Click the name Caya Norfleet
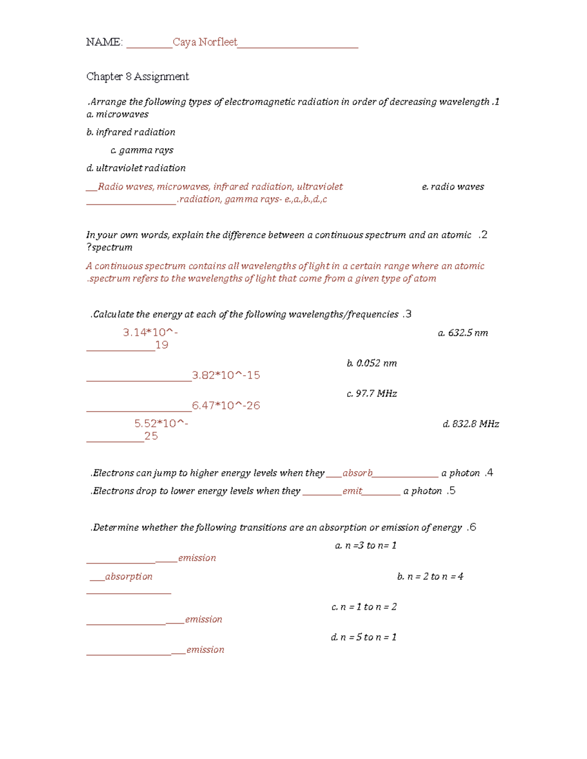click(205, 43)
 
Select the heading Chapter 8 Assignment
click(137, 77)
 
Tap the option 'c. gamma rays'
click(142, 151)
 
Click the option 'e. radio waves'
click(453, 187)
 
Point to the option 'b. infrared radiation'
click(131, 132)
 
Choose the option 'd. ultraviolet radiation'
click(136, 168)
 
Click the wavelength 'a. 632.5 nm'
click(463, 333)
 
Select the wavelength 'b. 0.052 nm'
click(372, 363)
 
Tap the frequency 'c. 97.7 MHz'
click(372, 393)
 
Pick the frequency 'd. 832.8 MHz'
click(471, 424)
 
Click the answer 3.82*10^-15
click(226, 375)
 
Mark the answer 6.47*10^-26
click(226, 406)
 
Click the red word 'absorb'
click(358, 473)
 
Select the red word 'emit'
click(352, 491)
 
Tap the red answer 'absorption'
click(129, 577)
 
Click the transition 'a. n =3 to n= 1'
click(366, 545)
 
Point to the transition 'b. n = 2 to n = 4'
click(430, 577)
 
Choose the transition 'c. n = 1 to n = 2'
click(364, 607)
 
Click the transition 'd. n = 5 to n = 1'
click(364, 637)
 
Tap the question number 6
click(472, 527)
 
